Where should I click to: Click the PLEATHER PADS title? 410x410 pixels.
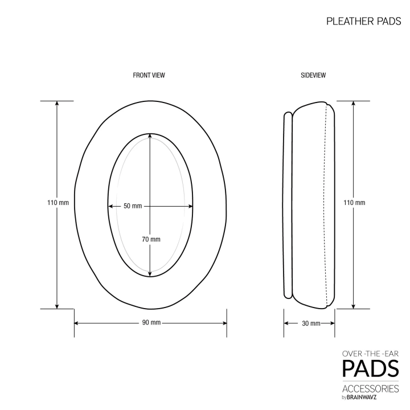click(363, 22)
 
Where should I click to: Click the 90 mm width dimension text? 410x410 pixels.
click(151, 323)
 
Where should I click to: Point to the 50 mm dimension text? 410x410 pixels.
click(133, 206)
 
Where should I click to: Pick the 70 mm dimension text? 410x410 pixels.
click(151, 239)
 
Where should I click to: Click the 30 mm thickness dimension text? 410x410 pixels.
click(310, 323)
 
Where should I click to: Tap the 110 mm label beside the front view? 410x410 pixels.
click(58, 203)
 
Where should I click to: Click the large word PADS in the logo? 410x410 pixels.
click(370, 369)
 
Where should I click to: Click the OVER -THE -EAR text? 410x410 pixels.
click(370, 354)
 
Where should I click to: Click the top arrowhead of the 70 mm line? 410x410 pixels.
click(150, 137)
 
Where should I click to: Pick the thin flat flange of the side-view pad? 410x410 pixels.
click(288, 205)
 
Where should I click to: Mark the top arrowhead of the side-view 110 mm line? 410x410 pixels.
click(354, 104)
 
